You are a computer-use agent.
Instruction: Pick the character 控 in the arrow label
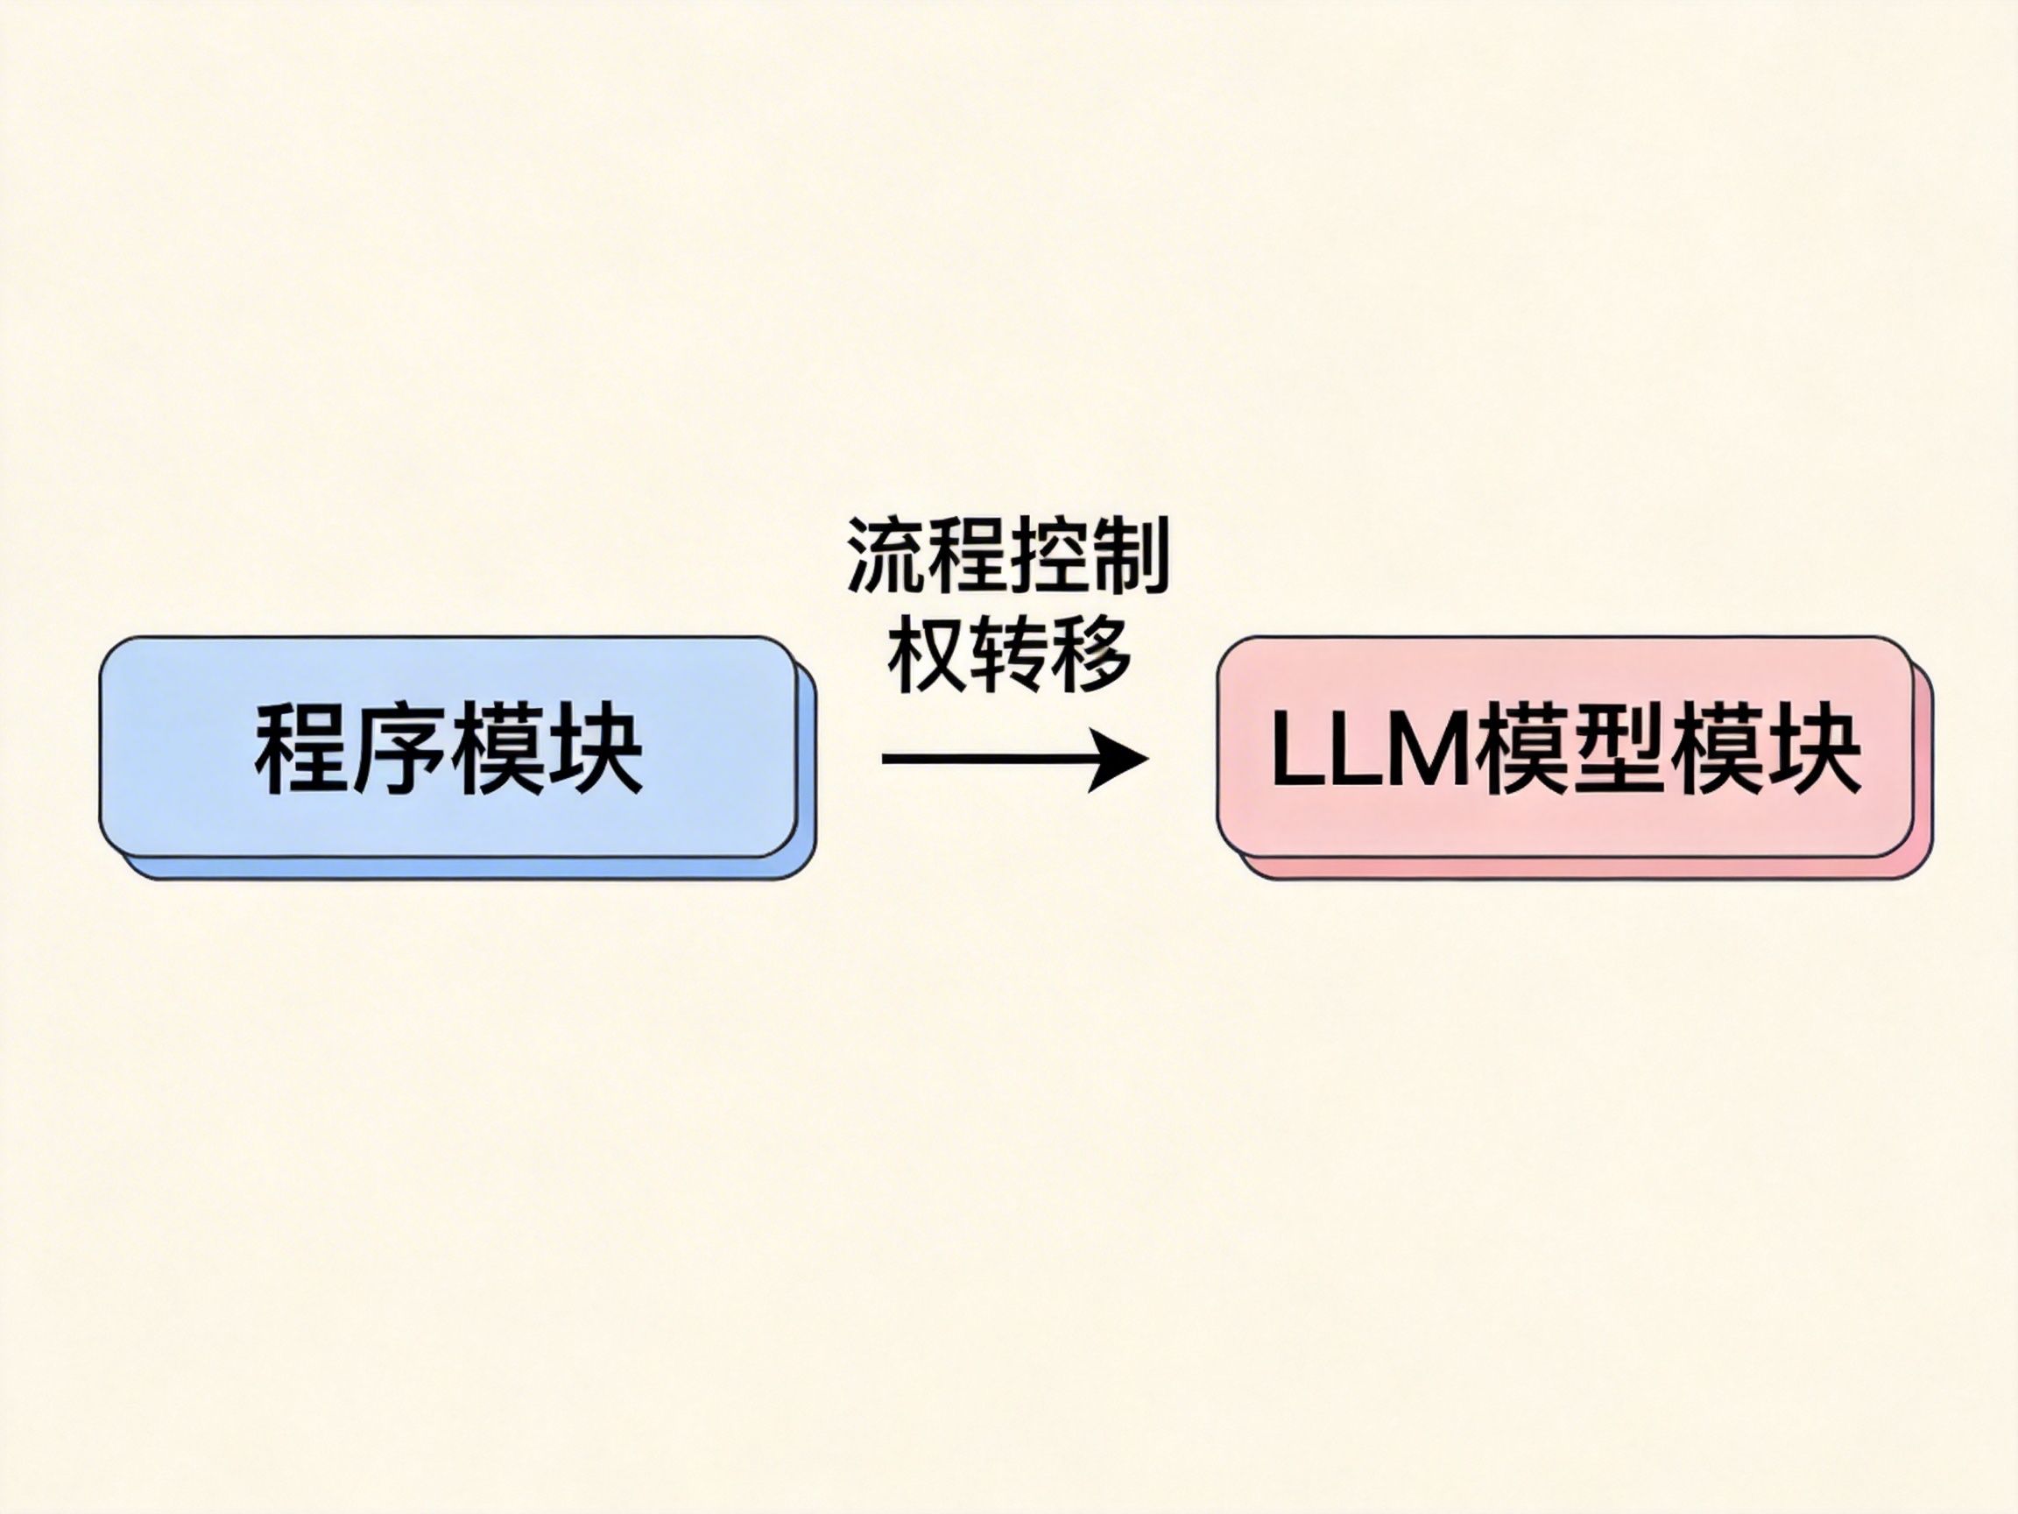click(x=1049, y=556)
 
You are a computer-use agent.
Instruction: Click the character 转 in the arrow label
click(x=1008, y=655)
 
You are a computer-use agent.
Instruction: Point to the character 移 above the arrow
click(x=1090, y=655)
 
